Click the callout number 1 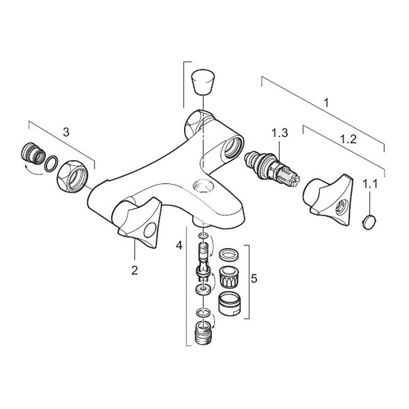click(x=327, y=104)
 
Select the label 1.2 click(x=349, y=138)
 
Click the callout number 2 click(x=134, y=271)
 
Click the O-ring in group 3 click(x=50, y=164)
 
